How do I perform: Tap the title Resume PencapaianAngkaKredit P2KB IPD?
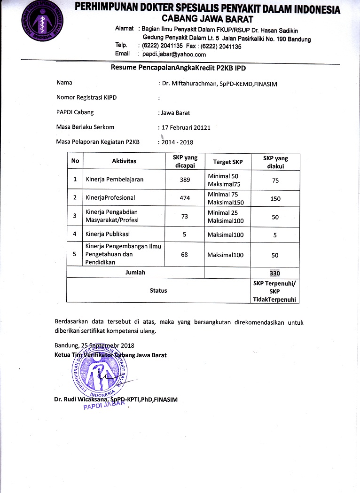pyautogui.click(x=178, y=68)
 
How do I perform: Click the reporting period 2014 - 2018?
pyautogui.click(x=177, y=142)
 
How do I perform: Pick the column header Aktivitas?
pyautogui.click(x=124, y=161)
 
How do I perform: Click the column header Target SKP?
pyautogui.click(x=228, y=162)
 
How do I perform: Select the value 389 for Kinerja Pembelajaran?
pyautogui.click(x=185, y=180)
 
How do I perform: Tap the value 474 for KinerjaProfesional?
pyautogui.click(x=185, y=198)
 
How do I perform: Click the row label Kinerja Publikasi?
pyautogui.click(x=108, y=234)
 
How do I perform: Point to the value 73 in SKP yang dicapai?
pyautogui.click(x=185, y=216)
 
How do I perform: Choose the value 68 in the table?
pyautogui.click(x=185, y=255)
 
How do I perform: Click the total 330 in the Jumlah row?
pyautogui.click(x=275, y=273)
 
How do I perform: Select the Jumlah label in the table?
pyautogui.click(x=135, y=272)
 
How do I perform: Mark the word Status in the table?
pyautogui.click(x=158, y=290)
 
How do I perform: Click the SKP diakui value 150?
pyautogui.click(x=275, y=199)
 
